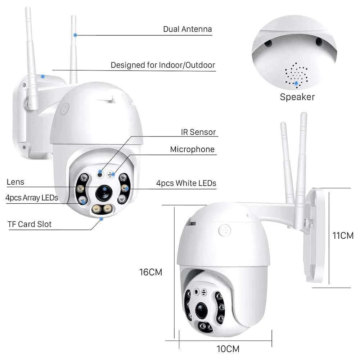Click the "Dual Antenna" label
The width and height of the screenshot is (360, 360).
pyautogui.click(x=187, y=29)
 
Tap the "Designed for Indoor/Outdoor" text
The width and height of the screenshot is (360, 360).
pyautogui.click(x=163, y=65)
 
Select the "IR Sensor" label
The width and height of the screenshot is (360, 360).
pyautogui.click(x=198, y=132)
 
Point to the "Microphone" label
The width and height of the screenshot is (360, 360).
pyautogui.click(x=192, y=149)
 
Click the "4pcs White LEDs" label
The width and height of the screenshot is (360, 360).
pyautogui.click(x=186, y=183)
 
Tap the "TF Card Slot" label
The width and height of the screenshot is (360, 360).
pyautogui.click(x=30, y=224)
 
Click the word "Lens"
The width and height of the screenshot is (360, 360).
pyautogui.click(x=15, y=182)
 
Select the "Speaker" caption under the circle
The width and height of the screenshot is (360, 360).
pyautogui.click(x=297, y=97)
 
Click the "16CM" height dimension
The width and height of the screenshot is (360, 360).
pyautogui.click(x=151, y=273)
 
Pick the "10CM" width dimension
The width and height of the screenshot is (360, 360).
pyautogui.click(x=228, y=349)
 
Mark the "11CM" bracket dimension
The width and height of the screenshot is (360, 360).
pyautogui.click(x=343, y=236)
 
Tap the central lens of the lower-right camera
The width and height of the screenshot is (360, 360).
pyautogui.click(x=201, y=309)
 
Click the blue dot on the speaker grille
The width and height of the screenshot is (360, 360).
pyautogui.click(x=296, y=83)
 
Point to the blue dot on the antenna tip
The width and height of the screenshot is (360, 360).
pyautogui.click(x=75, y=35)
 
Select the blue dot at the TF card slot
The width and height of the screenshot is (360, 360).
pyautogui.click(x=101, y=218)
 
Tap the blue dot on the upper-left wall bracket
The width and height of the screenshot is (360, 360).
pyautogui.click(x=43, y=76)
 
